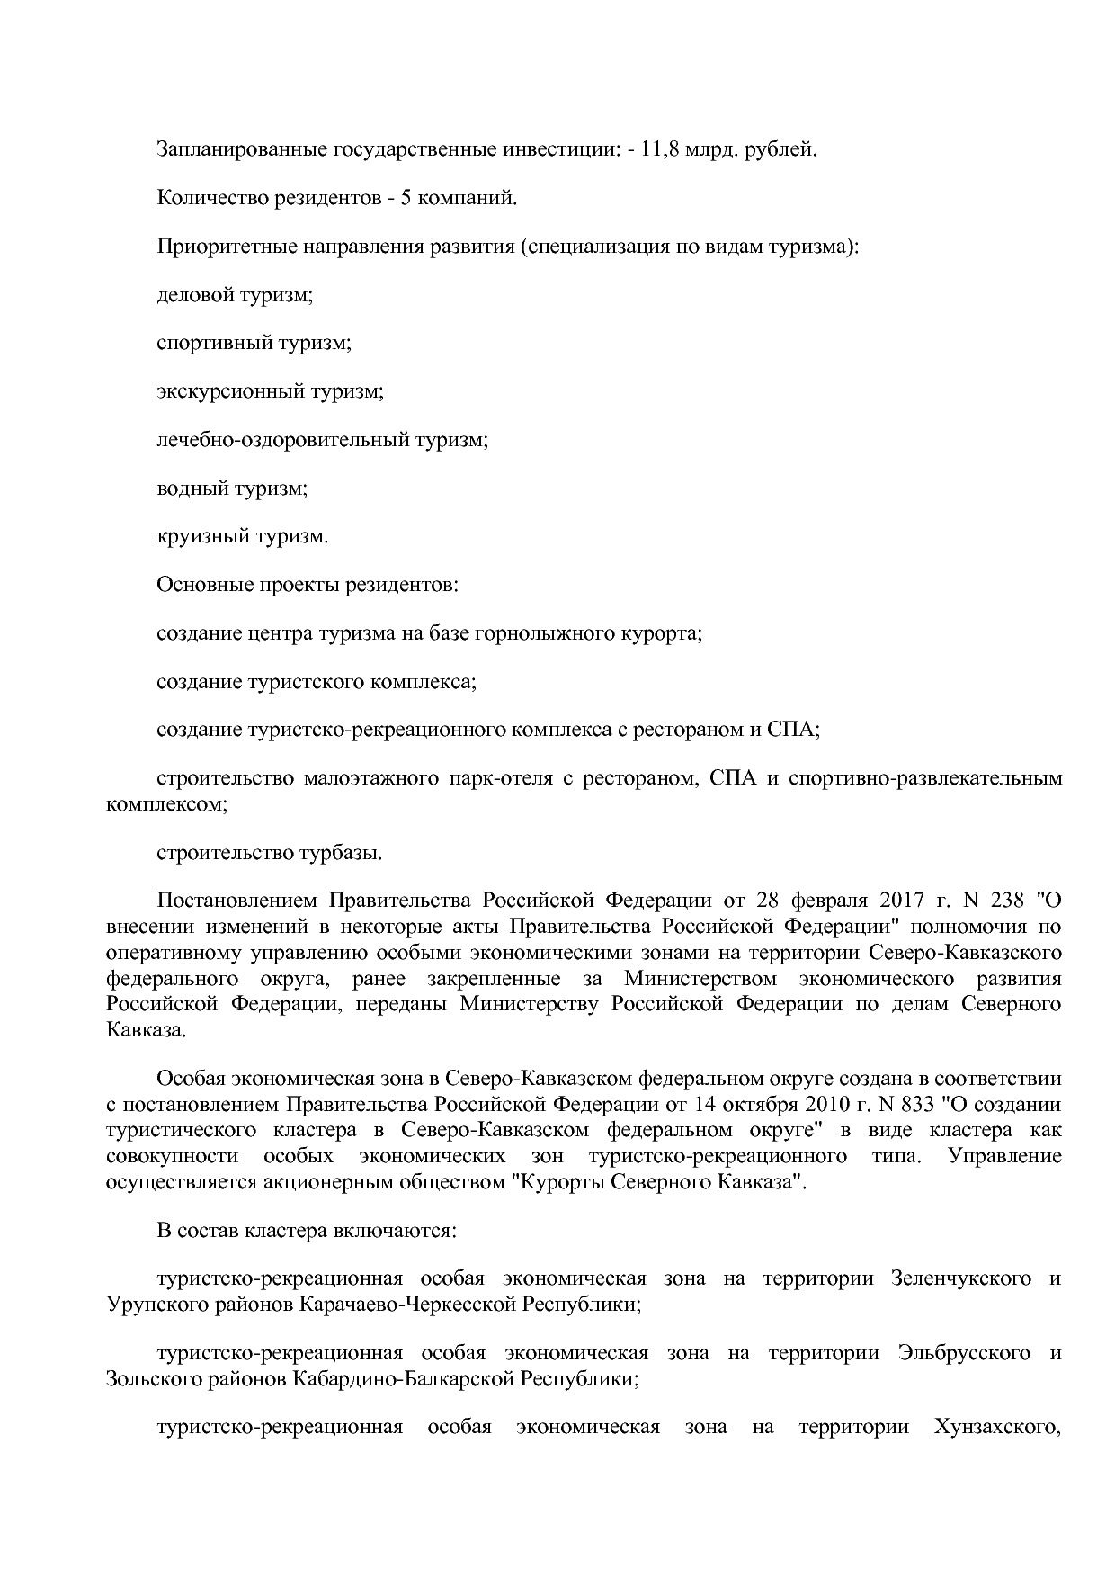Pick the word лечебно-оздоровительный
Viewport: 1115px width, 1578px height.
coord(282,441)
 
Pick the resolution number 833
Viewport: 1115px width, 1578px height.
coord(914,1104)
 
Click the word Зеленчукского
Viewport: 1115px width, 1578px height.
coord(960,1278)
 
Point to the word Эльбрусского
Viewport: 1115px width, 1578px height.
coord(963,1353)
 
